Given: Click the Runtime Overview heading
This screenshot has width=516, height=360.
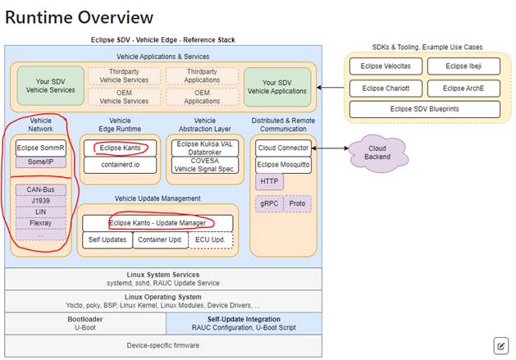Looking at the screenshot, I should (79, 16).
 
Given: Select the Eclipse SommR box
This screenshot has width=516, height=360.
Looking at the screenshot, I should (40, 148).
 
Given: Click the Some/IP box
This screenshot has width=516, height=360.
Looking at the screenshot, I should (40, 162).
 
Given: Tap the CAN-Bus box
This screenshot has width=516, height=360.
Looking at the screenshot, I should (40, 189).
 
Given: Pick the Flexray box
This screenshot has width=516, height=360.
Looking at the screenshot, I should (40, 222).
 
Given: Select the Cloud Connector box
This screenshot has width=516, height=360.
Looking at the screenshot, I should (282, 148).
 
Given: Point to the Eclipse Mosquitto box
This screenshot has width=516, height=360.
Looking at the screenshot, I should (282, 164).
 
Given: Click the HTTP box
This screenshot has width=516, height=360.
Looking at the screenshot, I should (269, 181).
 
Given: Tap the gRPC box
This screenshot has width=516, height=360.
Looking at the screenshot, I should (269, 203).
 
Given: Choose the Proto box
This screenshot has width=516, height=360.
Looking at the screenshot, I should (297, 203).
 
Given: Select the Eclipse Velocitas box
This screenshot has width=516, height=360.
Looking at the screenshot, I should (384, 66).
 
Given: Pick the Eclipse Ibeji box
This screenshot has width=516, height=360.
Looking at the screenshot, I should (465, 66).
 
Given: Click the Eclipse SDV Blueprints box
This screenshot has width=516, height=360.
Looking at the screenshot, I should (424, 108).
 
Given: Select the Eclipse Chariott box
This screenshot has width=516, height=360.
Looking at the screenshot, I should (384, 88).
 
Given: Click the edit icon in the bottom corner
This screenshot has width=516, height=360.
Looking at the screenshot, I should (500, 345).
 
